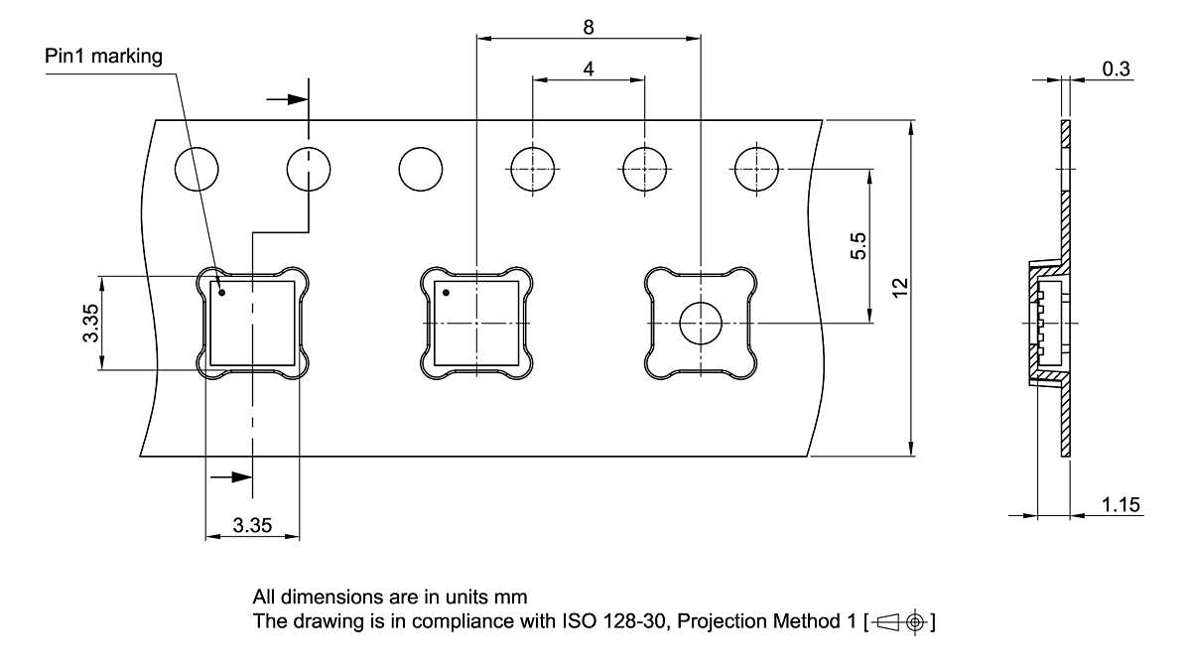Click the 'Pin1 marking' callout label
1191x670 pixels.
[x=103, y=56]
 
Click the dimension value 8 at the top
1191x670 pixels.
[x=589, y=28]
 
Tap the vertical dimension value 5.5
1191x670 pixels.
[x=860, y=245]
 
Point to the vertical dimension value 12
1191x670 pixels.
[x=899, y=288]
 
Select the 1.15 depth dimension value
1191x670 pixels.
[x=1120, y=505]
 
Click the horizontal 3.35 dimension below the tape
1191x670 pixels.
[x=252, y=526]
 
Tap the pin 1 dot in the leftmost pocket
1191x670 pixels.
[x=222, y=293]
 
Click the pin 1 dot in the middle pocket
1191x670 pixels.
[x=447, y=293]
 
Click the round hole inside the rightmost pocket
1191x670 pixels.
[x=701, y=324]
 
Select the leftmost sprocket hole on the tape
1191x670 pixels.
[x=196, y=169]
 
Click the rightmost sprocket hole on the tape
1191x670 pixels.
[x=755, y=169]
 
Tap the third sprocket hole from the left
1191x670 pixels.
[x=420, y=169]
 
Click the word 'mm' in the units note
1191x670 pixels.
[x=513, y=598]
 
